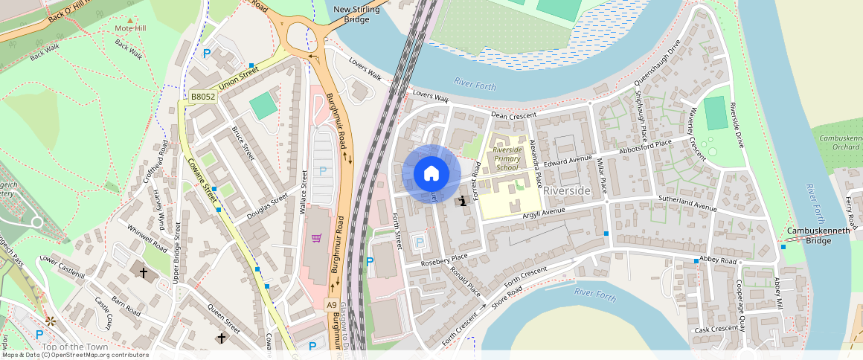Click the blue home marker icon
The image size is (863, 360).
pos(431,173)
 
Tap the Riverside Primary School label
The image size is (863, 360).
pos(506,158)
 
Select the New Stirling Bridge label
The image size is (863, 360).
pos(356,14)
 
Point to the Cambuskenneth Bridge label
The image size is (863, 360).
pos(809,236)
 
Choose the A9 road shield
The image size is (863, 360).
pos(332,304)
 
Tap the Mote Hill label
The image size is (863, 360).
pos(132,28)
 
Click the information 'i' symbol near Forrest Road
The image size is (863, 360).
pos(463,200)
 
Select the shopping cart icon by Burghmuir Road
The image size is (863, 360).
pos(316,238)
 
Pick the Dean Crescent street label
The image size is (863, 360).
pos(513,115)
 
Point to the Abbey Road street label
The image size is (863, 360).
pos(717,261)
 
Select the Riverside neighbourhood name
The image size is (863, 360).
pos(567,191)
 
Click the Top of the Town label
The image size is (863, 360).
pos(75,347)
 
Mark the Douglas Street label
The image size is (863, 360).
pos(269,208)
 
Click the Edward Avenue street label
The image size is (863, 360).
pos(568,159)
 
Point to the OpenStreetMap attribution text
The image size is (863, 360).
pos(74,355)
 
